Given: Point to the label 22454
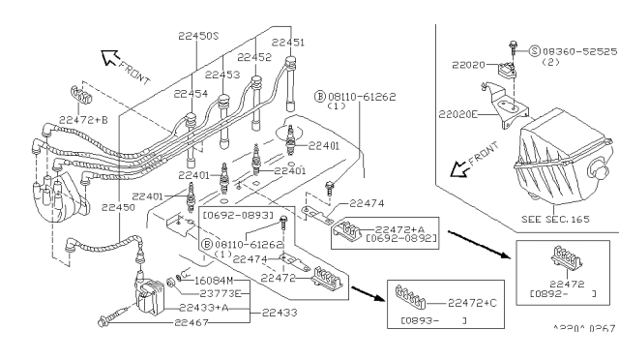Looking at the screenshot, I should pyautogui.click(x=192, y=94).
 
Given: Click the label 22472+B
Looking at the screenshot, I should pyautogui.click(x=82, y=119).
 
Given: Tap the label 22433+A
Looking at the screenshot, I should pyautogui.click(x=204, y=307).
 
